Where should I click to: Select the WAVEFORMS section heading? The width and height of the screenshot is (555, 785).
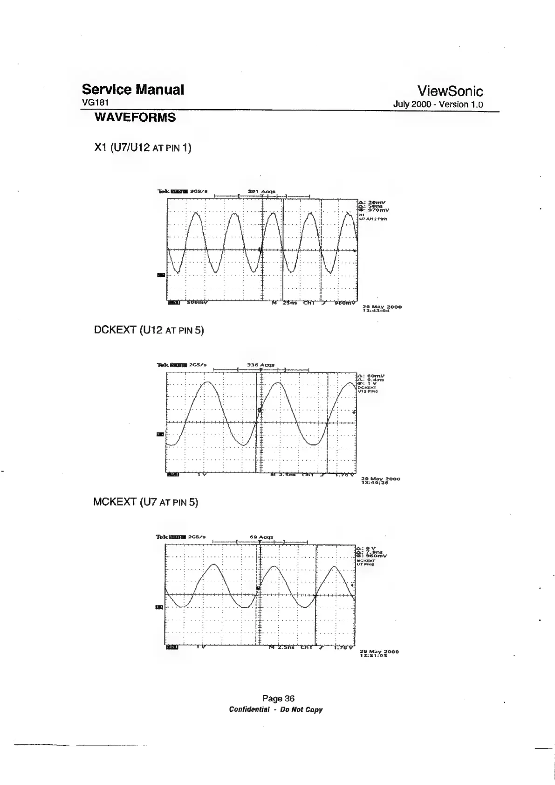pyautogui.click(x=135, y=118)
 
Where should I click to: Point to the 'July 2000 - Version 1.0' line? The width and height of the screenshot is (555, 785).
pyautogui.click(x=439, y=104)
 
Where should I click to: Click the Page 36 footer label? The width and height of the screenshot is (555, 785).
pyautogui.click(x=278, y=698)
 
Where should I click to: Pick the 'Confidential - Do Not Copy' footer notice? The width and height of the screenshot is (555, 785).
pyautogui.click(x=275, y=710)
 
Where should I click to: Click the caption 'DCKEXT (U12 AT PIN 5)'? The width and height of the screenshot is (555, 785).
pyautogui.click(x=149, y=330)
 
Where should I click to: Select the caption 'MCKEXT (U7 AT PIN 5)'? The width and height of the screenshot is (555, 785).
pyautogui.click(x=146, y=502)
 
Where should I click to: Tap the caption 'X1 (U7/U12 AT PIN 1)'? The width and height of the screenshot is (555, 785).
pyautogui.click(x=143, y=148)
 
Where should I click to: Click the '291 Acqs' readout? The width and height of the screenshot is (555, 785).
pyautogui.click(x=262, y=191)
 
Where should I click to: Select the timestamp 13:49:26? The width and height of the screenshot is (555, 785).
pyautogui.click(x=375, y=483)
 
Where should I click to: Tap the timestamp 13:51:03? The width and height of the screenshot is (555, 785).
pyautogui.click(x=374, y=655)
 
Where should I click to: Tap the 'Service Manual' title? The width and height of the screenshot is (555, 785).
pyautogui.click(x=133, y=89)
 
